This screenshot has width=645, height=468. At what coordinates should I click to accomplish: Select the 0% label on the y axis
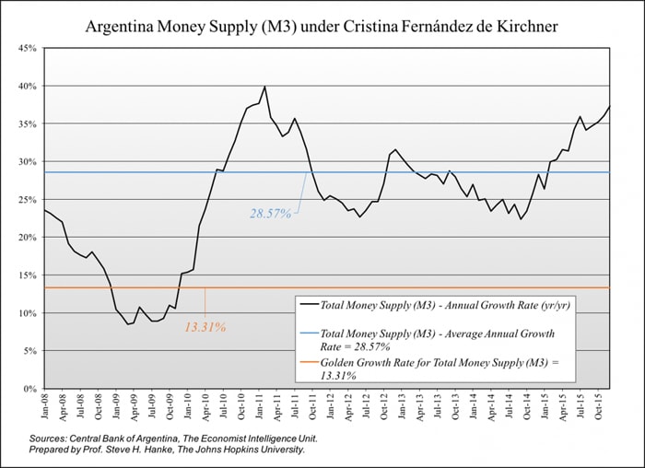pyautogui.click(x=31, y=389)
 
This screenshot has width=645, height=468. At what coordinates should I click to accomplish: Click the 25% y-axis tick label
pyautogui.click(x=29, y=200)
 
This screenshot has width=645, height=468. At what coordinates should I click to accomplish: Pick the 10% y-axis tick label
pyautogui.click(x=29, y=313)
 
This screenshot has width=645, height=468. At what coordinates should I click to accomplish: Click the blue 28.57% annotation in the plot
pyautogui.click(x=270, y=214)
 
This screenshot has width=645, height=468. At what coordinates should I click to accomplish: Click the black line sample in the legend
pyautogui.click(x=310, y=303)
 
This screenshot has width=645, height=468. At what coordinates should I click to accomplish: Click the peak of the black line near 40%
pyautogui.click(x=264, y=87)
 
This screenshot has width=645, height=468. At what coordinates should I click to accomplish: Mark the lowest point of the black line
pyautogui.click(x=128, y=324)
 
